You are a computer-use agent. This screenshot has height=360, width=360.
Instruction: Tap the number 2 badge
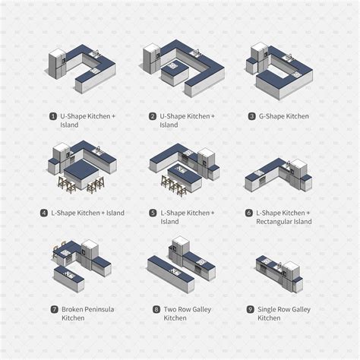[x=152, y=116]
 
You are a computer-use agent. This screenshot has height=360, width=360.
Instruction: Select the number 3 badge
[x=251, y=116]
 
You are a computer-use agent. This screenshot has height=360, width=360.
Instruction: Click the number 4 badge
[x=44, y=213]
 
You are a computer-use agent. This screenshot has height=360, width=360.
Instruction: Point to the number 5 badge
[x=152, y=213]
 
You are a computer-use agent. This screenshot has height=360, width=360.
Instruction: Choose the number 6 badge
[x=248, y=213]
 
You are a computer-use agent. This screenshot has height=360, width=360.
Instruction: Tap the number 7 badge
[x=54, y=310]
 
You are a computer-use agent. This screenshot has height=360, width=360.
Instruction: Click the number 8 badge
[x=156, y=310]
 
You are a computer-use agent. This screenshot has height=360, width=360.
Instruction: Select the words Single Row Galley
[x=286, y=310]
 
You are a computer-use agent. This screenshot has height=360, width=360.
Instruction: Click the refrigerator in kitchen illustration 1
[x=58, y=64]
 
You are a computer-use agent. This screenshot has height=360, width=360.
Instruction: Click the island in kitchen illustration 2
[x=172, y=68]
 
